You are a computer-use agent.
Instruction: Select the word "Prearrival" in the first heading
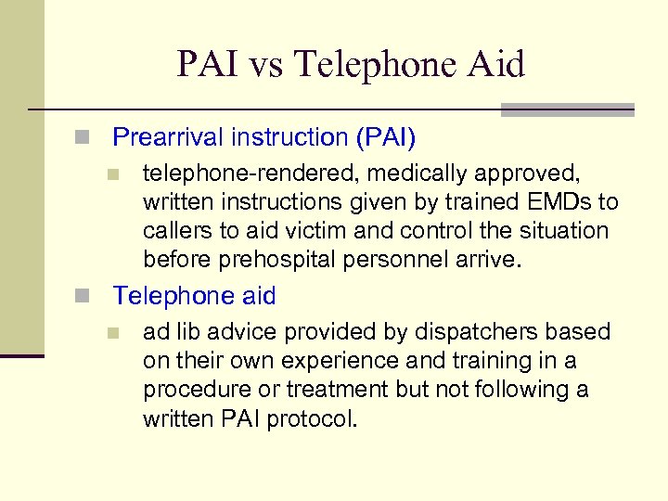[x=169, y=137]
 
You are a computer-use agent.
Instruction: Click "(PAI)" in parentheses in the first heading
[x=385, y=137]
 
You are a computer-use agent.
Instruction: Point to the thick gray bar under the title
[x=567, y=109]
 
